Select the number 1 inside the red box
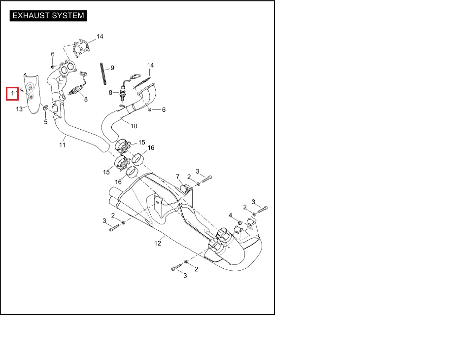click(13, 93)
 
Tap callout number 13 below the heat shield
click(19, 109)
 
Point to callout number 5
click(46, 122)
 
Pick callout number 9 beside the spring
click(112, 68)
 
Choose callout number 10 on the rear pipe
click(134, 126)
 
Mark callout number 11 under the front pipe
click(63, 144)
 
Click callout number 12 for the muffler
click(158, 243)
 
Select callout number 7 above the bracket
click(178, 177)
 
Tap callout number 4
click(230, 215)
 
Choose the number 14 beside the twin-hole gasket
click(100, 36)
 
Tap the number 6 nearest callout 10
click(164, 109)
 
